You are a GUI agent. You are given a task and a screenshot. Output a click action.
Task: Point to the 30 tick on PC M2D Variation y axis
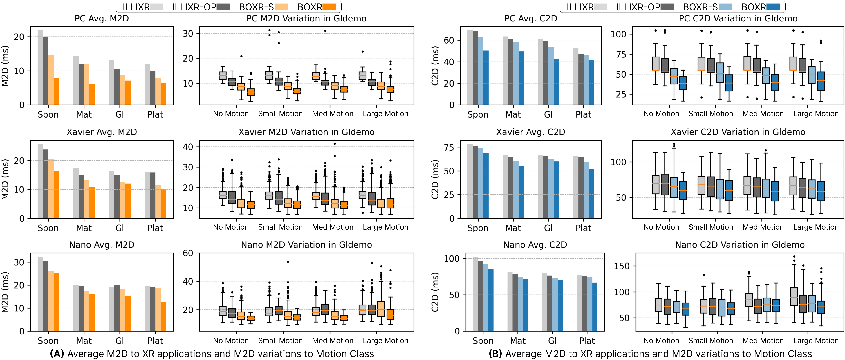click(x=188, y=33)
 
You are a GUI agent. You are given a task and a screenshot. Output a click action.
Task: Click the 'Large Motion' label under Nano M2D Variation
click(x=385, y=341)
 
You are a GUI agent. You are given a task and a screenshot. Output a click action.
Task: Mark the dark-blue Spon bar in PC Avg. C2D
click(x=486, y=78)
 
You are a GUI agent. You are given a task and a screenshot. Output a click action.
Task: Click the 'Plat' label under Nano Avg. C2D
click(x=587, y=341)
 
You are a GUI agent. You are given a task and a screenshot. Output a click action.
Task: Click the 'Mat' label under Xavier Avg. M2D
click(x=84, y=228)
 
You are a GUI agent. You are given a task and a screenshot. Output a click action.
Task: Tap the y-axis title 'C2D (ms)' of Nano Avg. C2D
click(x=435, y=292)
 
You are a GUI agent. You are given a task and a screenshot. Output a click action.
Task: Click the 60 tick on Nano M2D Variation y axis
click(x=188, y=253)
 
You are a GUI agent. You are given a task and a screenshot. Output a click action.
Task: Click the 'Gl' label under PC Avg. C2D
click(x=548, y=115)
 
